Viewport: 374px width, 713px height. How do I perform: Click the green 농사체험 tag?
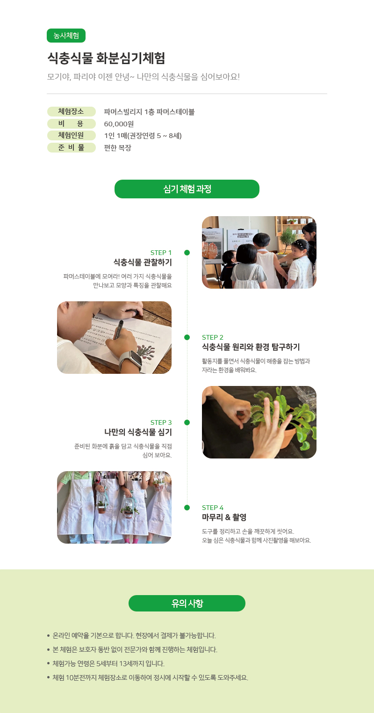[x=66, y=36]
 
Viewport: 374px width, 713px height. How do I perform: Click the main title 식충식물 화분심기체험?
[x=106, y=58]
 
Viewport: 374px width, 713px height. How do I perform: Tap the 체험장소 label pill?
[x=71, y=111]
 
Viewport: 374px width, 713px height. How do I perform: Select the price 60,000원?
[x=119, y=124]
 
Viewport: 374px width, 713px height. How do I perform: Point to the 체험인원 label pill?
[x=71, y=135]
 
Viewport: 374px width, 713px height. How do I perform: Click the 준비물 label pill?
[x=71, y=147]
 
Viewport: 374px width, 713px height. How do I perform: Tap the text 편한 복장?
[x=118, y=148]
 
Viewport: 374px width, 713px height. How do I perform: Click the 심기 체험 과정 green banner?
[x=187, y=189]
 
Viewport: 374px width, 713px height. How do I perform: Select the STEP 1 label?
[x=161, y=253]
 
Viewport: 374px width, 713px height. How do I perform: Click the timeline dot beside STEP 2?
[x=187, y=337]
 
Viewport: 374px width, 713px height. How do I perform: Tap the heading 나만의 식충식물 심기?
[x=138, y=432]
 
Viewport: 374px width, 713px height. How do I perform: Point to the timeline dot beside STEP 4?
[x=187, y=508]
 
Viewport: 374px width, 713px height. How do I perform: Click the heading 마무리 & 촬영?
[x=224, y=517]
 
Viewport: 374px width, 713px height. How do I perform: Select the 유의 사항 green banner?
[x=187, y=603]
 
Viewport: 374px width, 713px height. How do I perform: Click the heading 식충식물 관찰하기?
[x=143, y=262]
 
